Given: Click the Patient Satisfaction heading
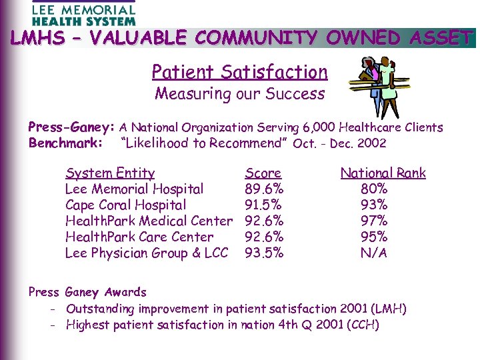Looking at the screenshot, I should tap(239, 71).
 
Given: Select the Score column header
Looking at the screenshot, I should tap(263, 173).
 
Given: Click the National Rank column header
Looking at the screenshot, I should tap(383, 173).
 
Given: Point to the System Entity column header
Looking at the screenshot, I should tap(110, 173).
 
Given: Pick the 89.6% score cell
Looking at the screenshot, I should tap(265, 189).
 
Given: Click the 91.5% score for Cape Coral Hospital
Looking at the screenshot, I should tap(263, 205).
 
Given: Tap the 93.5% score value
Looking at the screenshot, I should tap(265, 253).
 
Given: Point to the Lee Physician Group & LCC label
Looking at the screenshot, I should tap(147, 253).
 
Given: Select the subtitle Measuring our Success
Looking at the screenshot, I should tap(239, 93).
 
